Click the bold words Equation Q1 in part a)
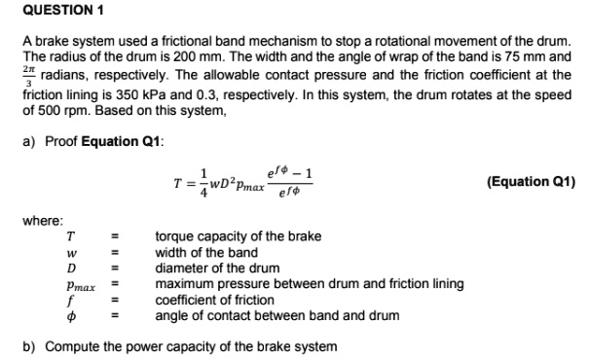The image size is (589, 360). point(122,141)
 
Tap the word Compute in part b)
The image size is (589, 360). point(72,346)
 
